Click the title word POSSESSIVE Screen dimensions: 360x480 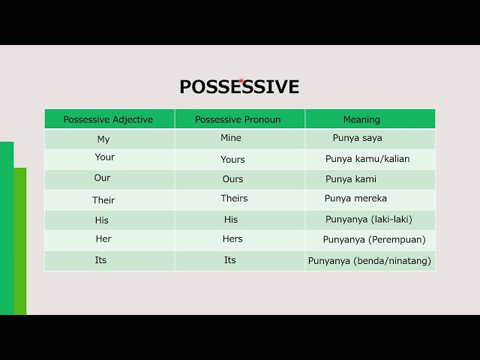(x=239, y=87)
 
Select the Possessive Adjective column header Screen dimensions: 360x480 (x=108, y=119)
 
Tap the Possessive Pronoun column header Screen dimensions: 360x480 (x=238, y=119)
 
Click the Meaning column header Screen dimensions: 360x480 (x=361, y=119)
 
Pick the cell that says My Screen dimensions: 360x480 (x=103, y=139)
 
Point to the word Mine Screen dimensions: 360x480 (x=231, y=138)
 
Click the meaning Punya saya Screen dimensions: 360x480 (x=358, y=138)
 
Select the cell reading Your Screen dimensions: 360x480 (x=105, y=157)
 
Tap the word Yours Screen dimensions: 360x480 (x=232, y=159)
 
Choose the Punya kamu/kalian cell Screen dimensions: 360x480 (x=367, y=159)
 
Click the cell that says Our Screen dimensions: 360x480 (x=103, y=178)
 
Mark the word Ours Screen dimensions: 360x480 (x=232, y=179)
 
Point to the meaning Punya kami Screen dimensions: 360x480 (x=351, y=179)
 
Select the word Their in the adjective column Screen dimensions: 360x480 (x=103, y=200)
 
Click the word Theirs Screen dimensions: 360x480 (x=234, y=199)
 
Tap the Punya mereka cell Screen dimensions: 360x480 (x=355, y=199)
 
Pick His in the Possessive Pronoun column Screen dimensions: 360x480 (x=231, y=220)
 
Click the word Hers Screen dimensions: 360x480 (x=232, y=239)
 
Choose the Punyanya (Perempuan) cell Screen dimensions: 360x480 (x=374, y=240)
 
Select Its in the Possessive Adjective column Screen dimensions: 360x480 (x=100, y=260)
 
